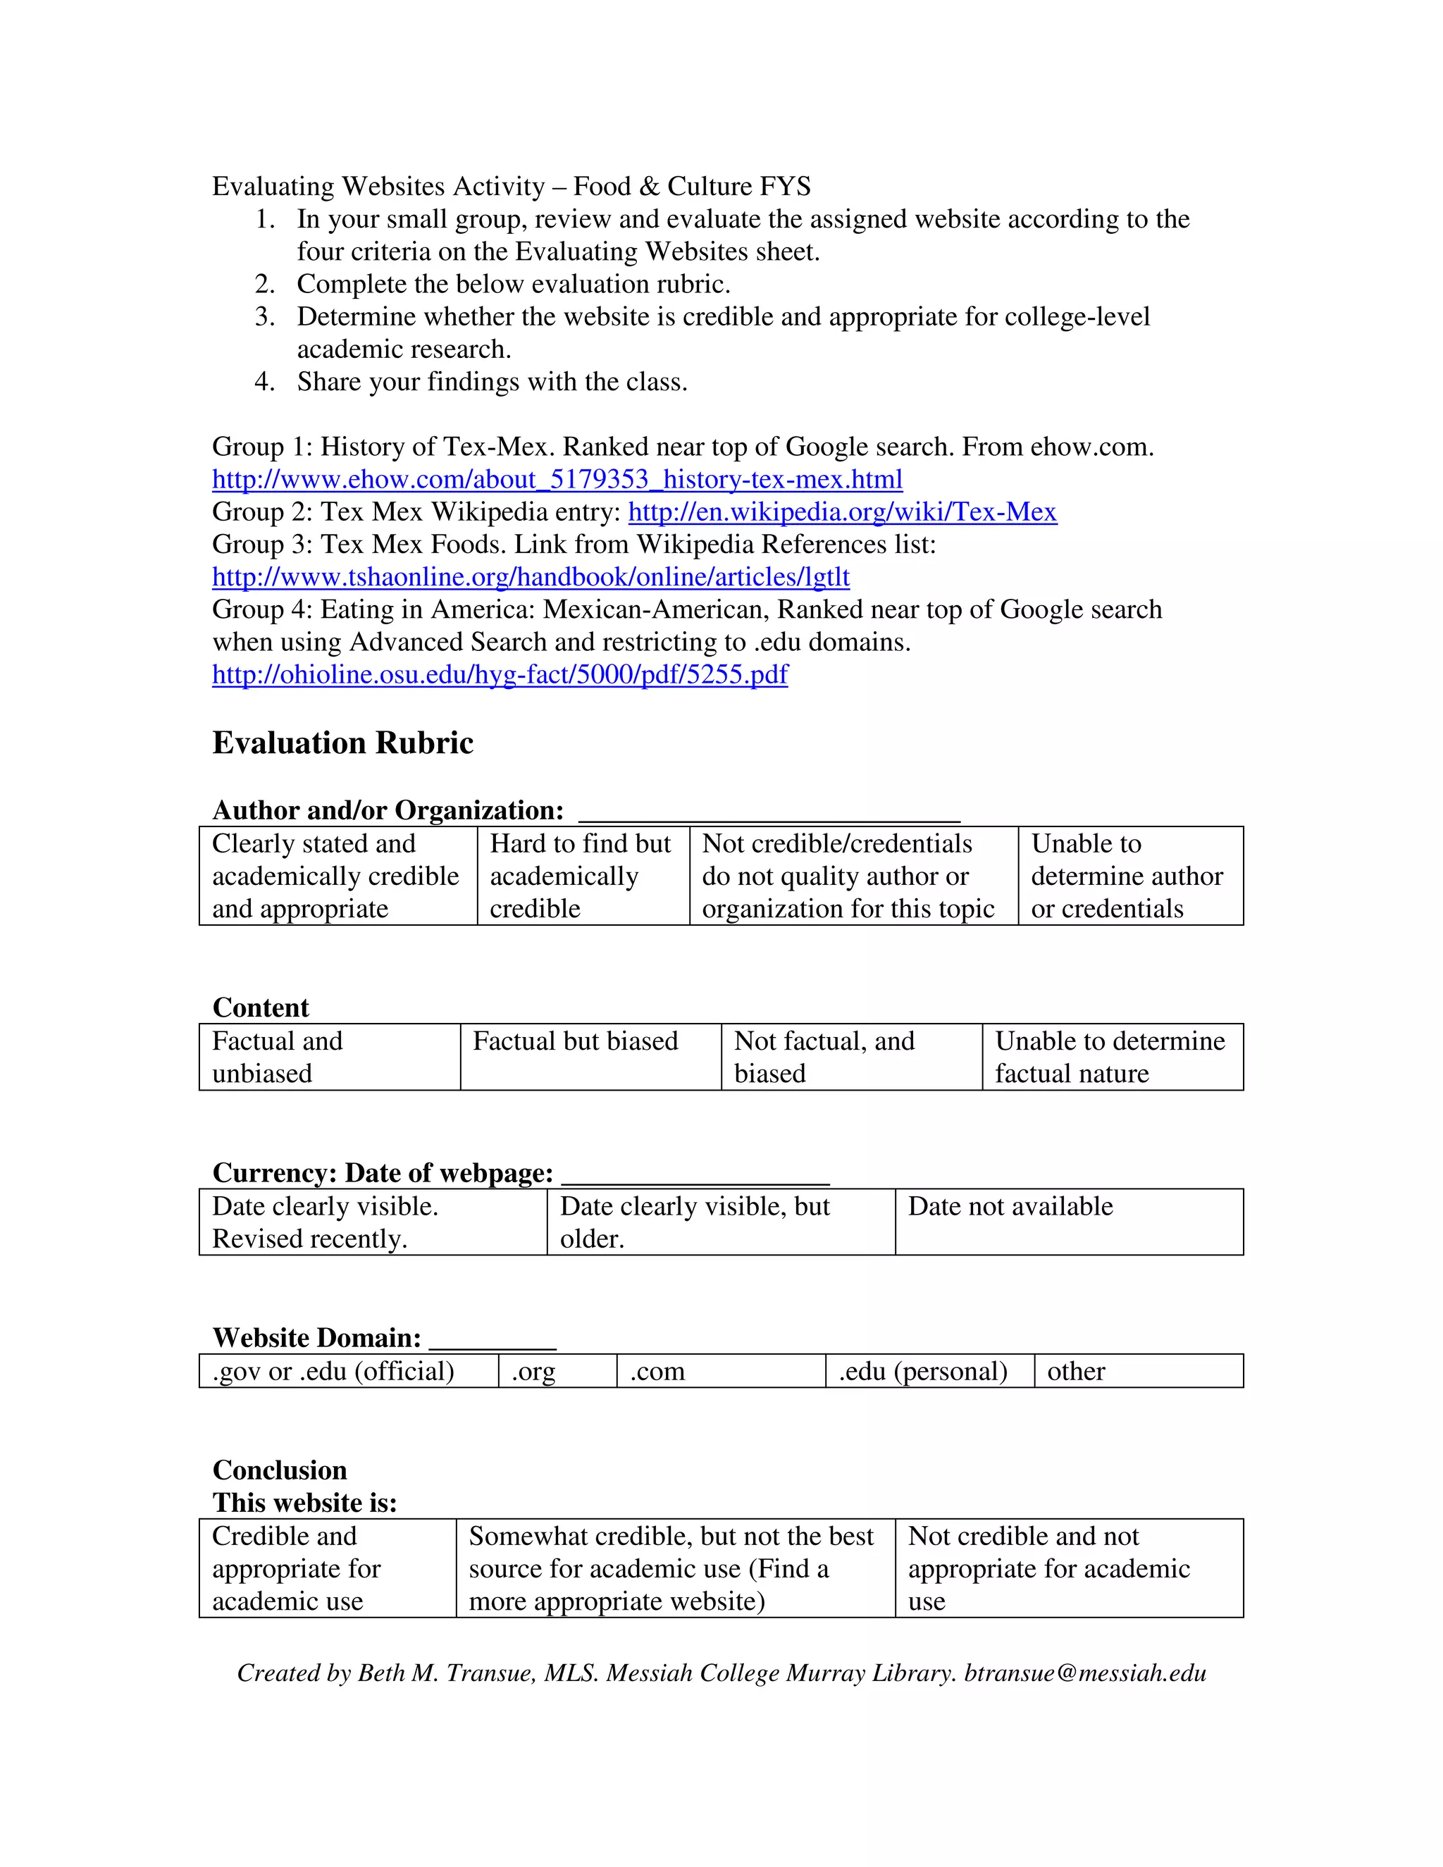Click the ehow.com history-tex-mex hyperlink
tap(557, 480)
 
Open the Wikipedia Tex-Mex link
tap(842, 512)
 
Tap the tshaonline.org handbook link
tap(530, 577)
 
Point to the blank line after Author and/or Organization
tap(769, 812)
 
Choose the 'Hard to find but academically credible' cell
tap(583, 876)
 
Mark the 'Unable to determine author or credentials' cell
tap(1129, 876)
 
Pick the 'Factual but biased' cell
tap(590, 1057)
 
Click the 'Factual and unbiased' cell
tap(329, 1057)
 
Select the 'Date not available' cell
tap(1069, 1222)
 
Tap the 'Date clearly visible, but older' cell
tap(720, 1222)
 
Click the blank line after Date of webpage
tap(695, 1175)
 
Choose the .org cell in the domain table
tap(557, 1371)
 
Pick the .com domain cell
tap(720, 1371)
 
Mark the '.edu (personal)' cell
tap(929, 1371)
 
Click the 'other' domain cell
tap(1137, 1371)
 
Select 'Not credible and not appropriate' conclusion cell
tap(1069, 1569)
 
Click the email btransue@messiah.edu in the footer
tap(1085, 1673)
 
